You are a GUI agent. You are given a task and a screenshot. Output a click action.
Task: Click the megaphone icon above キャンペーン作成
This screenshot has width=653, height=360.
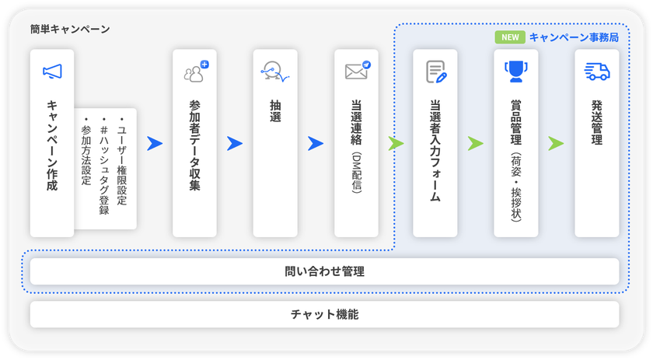[52, 72]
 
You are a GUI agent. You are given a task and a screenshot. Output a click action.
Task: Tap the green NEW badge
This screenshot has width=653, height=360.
[510, 37]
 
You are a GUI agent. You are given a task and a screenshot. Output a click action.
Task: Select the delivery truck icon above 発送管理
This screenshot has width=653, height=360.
[597, 72]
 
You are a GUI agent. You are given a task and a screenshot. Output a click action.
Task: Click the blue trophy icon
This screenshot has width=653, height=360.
[516, 72]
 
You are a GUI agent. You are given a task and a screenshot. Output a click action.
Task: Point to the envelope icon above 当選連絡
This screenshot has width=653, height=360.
[358, 71]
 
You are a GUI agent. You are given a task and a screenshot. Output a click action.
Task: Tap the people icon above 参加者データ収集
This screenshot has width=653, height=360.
[196, 72]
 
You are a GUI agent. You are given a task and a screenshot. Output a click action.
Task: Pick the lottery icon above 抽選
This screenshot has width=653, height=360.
[275, 72]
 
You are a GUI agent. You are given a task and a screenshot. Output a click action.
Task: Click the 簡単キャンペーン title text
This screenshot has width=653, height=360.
[70, 30]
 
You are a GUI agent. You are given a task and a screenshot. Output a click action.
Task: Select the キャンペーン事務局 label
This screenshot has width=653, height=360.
[574, 37]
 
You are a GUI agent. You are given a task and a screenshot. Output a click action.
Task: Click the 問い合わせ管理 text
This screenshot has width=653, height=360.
[324, 271]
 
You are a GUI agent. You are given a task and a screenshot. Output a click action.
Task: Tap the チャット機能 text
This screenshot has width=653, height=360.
[324, 314]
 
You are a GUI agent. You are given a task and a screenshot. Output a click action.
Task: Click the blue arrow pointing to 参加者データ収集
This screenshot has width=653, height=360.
[155, 143]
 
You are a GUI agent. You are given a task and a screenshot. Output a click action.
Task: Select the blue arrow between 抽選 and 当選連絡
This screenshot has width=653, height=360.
[316, 143]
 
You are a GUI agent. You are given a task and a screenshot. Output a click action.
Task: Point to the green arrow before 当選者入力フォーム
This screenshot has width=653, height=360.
[396, 143]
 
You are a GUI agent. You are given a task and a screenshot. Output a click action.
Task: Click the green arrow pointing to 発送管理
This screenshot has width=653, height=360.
[556, 143]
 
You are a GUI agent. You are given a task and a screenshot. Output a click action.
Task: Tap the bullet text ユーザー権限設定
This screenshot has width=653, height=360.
[121, 162]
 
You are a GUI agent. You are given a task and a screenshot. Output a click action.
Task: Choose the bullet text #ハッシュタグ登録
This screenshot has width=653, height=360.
[103, 166]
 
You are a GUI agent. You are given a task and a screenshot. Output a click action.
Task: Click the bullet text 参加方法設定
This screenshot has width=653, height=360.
[86, 152]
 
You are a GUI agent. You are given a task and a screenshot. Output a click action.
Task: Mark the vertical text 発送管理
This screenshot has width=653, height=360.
[597, 122]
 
